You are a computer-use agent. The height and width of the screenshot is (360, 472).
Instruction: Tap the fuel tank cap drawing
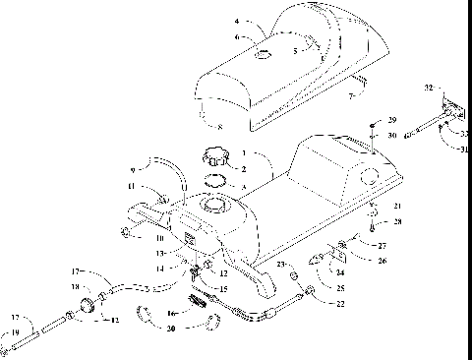point(215,155)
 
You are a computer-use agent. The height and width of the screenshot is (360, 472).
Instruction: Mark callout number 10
point(156,236)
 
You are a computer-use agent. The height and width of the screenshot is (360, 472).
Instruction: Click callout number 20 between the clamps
point(173,328)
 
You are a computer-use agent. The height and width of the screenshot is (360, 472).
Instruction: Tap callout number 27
point(355,246)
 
